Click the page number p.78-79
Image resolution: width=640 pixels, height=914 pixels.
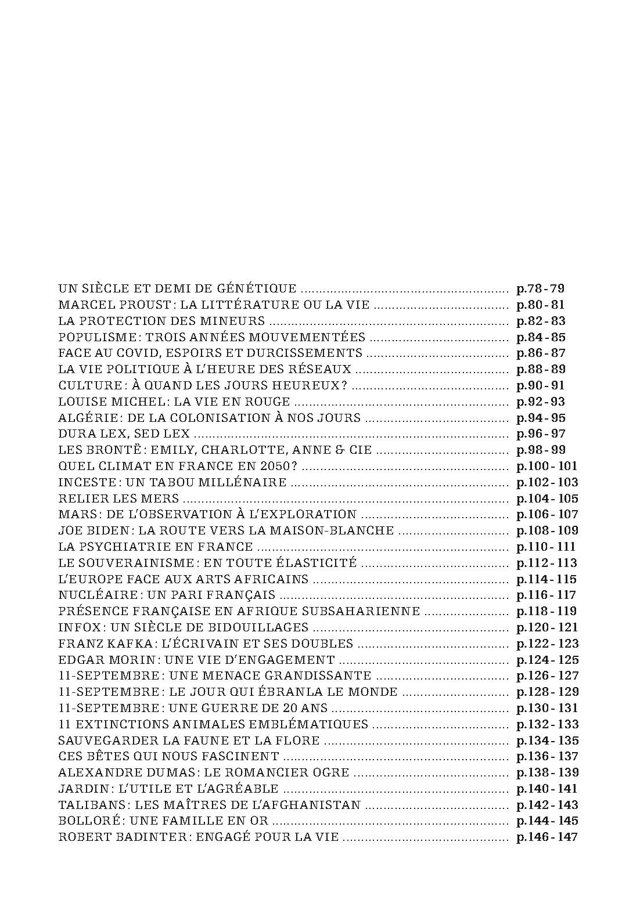pyautogui.click(x=540, y=288)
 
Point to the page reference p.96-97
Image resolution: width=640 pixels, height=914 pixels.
pyautogui.click(x=540, y=433)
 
